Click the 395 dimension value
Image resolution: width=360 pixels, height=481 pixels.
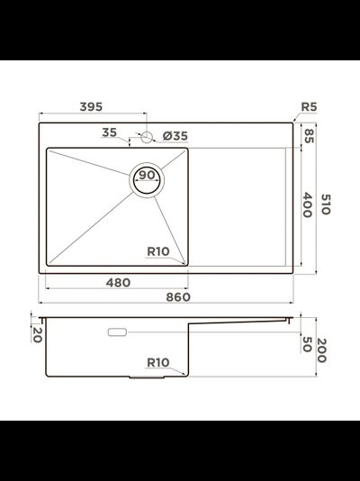click(91, 107)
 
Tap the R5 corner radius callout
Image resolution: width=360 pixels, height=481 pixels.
click(309, 107)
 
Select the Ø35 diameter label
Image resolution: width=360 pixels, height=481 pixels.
click(175, 136)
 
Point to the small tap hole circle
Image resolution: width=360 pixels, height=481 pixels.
click(147, 137)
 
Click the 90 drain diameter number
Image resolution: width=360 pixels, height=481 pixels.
click(147, 175)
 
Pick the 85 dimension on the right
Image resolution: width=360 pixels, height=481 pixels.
click(309, 136)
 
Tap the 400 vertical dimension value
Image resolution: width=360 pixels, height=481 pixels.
click(308, 204)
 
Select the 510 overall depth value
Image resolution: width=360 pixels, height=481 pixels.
click(326, 204)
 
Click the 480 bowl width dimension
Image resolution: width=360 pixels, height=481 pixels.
click(118, 283)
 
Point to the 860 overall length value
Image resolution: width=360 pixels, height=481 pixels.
click(178, 297)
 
